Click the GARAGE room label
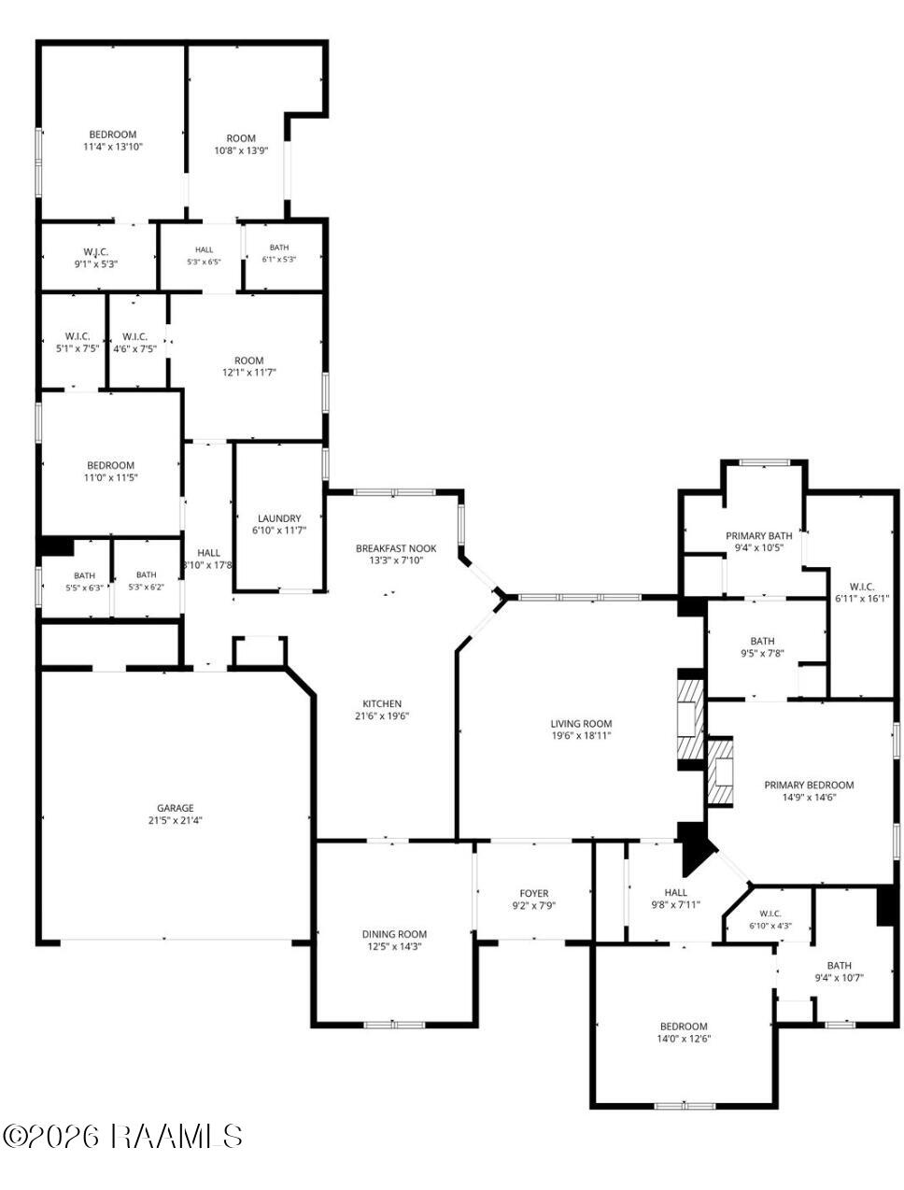tap(175, 808)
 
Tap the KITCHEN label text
tap(382, 703)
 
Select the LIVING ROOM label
tap(581, 724)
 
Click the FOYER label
tap(534, 894)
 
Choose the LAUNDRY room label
tap(279, 518)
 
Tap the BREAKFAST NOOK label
tap(396, 548)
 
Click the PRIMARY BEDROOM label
tap(809, 785)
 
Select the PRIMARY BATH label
tap(758, 536)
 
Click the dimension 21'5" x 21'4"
tap(175, 821)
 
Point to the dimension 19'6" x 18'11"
tap(581, 736)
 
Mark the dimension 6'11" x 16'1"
tap(862, 599)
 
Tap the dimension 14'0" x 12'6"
tap(684, 1039)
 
